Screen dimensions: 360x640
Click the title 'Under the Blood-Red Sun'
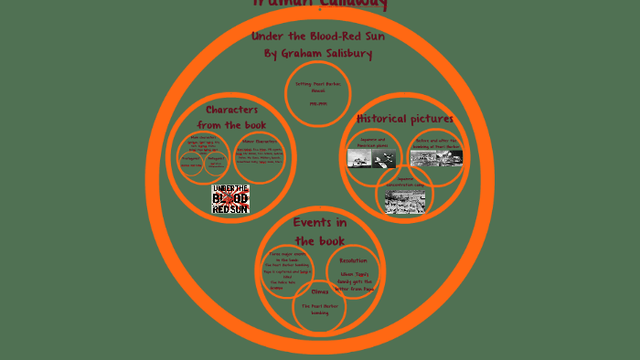click(318, 37)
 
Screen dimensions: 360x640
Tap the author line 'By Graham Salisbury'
click(318, 54)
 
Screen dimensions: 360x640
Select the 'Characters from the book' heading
click(231, 117)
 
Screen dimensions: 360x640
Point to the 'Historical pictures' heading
click(405, 119)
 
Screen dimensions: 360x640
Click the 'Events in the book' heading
click(319, 231)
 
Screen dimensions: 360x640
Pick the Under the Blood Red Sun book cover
click(230, 199)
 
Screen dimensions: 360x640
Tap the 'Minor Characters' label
click(261, 141)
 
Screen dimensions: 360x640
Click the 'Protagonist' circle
click(191, 161)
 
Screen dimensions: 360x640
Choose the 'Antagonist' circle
click(216, 161)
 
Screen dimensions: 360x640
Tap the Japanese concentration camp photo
click(404, 201)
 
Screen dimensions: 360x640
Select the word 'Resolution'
click(353, 260)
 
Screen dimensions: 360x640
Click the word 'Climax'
click(319, 292)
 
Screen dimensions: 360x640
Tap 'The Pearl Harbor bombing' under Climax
click(319, 309)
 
